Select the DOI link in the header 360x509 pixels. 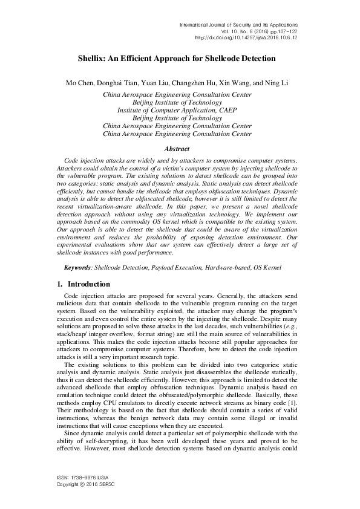[247, 37]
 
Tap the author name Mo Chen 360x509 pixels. [78, 82]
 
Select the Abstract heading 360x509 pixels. [177, 149]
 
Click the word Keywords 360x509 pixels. [79, 267]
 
